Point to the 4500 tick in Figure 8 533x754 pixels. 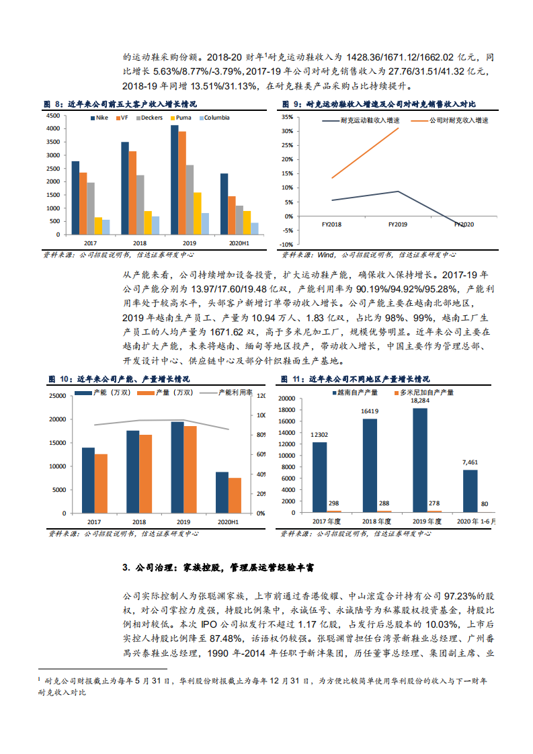[x=52, y=116]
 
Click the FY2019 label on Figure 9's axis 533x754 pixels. [x=398, y=224]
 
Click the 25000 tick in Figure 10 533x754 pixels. [x=56, y=395]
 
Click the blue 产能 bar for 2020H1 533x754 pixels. [x=222, y=493]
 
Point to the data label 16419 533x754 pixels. [x=370, y=411]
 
